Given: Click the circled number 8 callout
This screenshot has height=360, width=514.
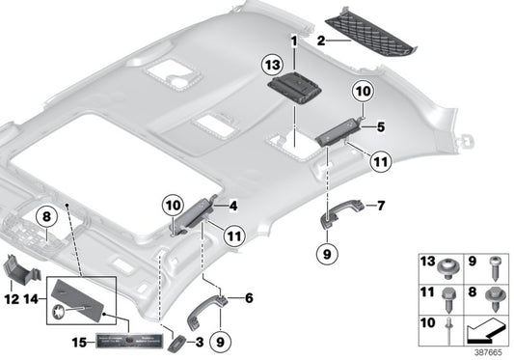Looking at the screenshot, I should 45,218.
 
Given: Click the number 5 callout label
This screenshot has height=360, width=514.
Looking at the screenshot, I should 381,125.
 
